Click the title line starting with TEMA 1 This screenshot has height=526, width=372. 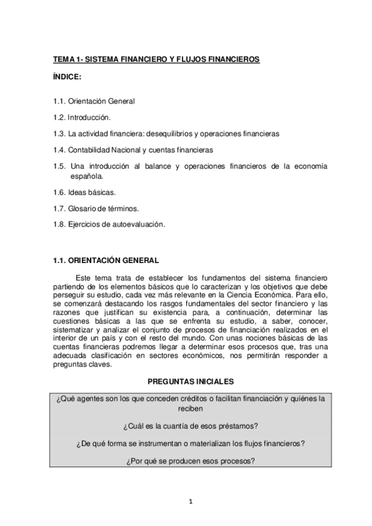(x=155, y=60)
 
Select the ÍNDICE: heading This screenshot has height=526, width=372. (x=69, y=76)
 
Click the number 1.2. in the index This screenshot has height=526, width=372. (x=60, y=117)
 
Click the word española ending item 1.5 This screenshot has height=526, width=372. (x=87, y=176)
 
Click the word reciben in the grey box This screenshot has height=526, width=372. (x=191, y=410)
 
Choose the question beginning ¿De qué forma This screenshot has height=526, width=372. (x=191, y=445)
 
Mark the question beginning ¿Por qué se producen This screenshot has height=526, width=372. (x=191, y=462)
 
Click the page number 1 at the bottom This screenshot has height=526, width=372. (x=191, y=501)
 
